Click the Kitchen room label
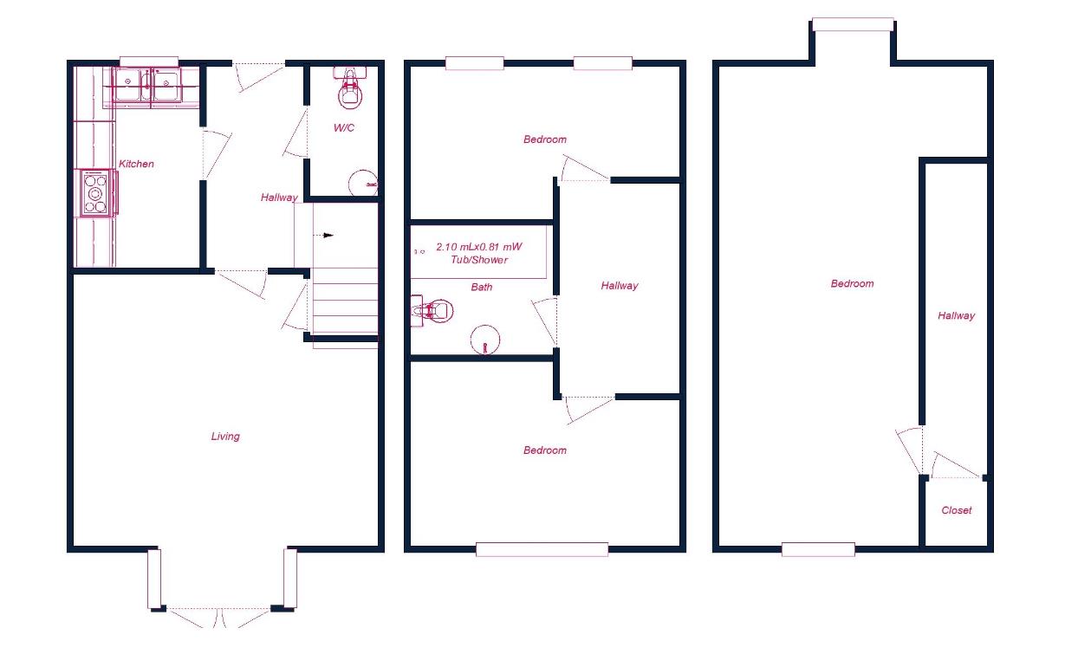137,164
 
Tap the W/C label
344,128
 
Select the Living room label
225,437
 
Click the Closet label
957,511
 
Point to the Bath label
482,288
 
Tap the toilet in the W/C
350,87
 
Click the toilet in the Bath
432,310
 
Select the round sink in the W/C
363,184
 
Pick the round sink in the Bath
485,340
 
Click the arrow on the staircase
328,235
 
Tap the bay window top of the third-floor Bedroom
853,24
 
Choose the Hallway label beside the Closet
956,316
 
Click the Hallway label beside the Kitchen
279,197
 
